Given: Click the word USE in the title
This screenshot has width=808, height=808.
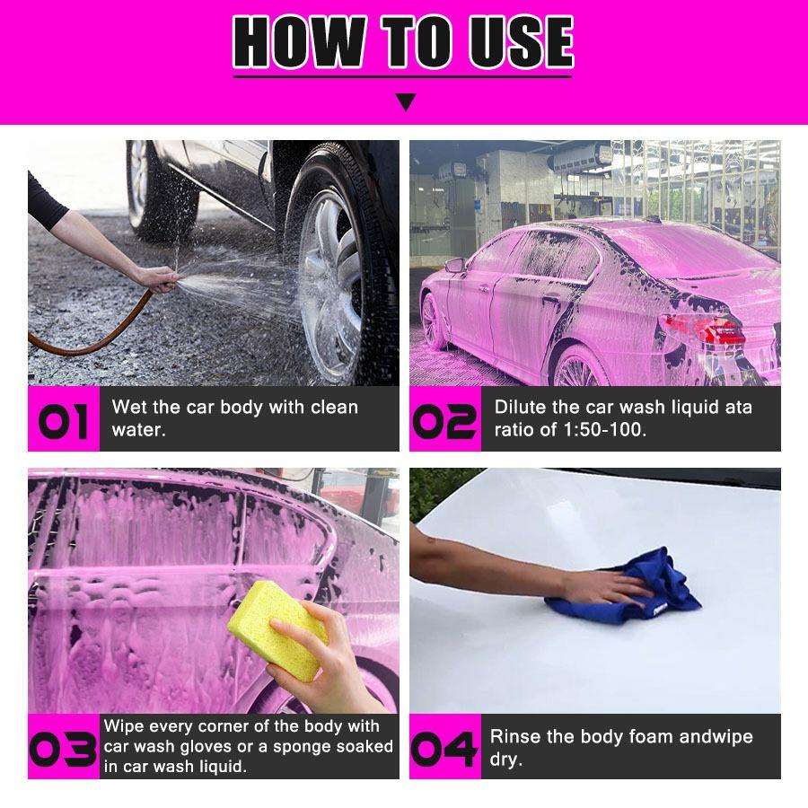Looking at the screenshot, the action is point(521,41).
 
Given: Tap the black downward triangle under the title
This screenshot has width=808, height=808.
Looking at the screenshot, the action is point(407,101).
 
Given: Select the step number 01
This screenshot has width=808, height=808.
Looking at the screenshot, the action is point(63,420).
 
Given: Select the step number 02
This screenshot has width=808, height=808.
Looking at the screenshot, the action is point(444,420).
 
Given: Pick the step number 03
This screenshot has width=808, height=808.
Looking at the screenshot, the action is point(63,748).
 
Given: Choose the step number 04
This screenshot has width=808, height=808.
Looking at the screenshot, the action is point(444,748).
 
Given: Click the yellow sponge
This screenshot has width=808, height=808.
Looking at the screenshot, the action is point(277,629).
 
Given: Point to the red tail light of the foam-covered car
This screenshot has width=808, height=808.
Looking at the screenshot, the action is point(704,328).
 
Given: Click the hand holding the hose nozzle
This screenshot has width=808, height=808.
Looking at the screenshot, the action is point(155,279).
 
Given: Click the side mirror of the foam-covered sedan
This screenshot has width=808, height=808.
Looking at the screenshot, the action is point(455,265).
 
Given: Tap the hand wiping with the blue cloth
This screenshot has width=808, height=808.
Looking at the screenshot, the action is point(608,586).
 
